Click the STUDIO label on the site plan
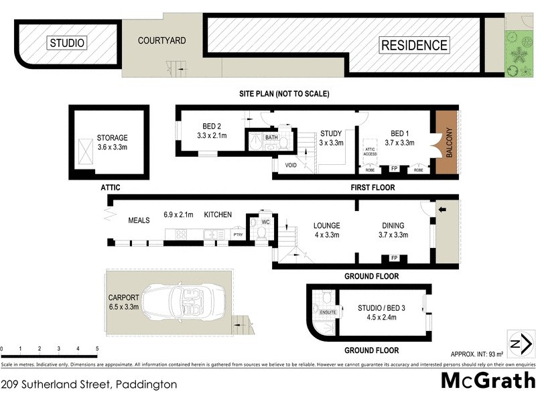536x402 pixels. pos(68,44)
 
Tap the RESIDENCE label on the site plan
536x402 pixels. pos(414,46)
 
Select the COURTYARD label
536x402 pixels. pos(161,41)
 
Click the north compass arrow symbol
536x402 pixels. pos(521,344)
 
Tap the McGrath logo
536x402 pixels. pos(487,381)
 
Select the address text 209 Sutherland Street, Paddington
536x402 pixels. pos(89,385)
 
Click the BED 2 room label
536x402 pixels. pos(211,131)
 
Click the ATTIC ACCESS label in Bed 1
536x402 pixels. pos(370,151)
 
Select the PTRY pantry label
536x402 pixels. pos(237,234)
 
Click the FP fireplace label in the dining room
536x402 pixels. pos(394,259)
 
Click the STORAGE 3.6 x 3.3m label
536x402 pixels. pos(112,142)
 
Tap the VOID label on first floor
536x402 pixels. pos(291,164)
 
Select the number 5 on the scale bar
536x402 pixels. pos(97,350)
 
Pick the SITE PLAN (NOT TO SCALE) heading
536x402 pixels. pos(284,94)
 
